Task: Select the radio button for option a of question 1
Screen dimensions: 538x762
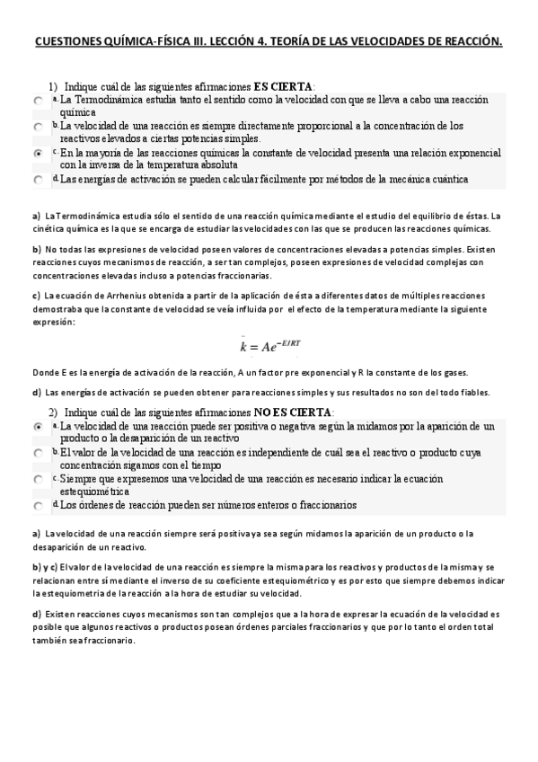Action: tap(38, 102)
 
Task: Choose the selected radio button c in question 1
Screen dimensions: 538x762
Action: tap(38, 155)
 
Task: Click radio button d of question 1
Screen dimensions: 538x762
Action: tap(38, 181)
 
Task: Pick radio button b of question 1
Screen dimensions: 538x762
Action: tap(38, 128)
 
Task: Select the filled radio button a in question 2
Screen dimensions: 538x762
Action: tap(38, 428)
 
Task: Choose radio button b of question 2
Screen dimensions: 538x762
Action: tap(38, 454)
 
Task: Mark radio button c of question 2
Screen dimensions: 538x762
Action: tap(38, 480)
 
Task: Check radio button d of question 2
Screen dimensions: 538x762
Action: tap(38, 506)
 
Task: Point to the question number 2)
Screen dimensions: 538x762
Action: tap(53, 411)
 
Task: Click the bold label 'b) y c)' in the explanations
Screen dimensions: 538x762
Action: tap(45, 568)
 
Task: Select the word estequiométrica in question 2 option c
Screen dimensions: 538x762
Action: tap(94, 492)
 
